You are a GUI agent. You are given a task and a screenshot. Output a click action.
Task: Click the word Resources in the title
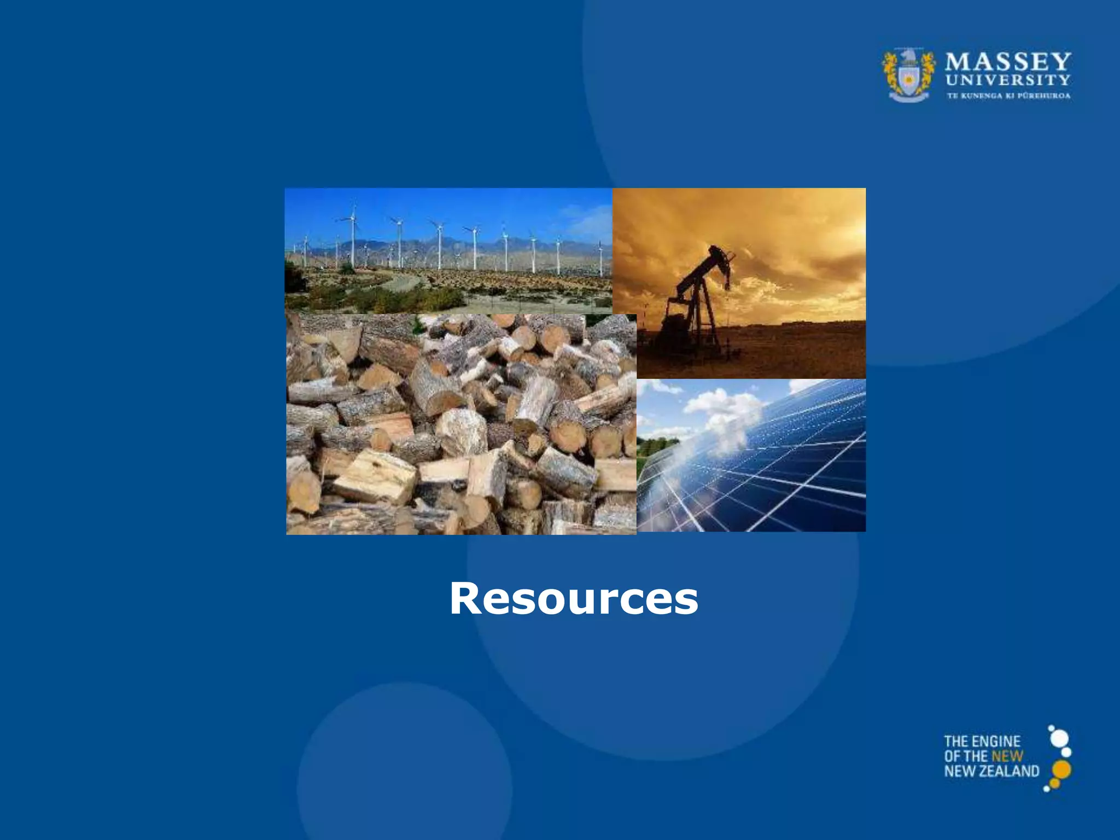(x=574, y=599)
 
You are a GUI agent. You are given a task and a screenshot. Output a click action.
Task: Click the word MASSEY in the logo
(x=1008, y=62)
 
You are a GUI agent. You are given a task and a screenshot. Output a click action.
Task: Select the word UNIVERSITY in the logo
(x=1008, y=80)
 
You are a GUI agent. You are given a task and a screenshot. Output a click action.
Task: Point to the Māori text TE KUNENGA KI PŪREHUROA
(x=1008, y=96)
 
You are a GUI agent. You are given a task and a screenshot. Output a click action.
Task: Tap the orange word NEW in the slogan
(x=1007, y=756)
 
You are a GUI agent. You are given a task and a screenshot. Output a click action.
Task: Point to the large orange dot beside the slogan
(x=1061, y=769)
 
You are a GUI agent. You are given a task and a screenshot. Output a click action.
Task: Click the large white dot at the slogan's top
(x=1059, y=738)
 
